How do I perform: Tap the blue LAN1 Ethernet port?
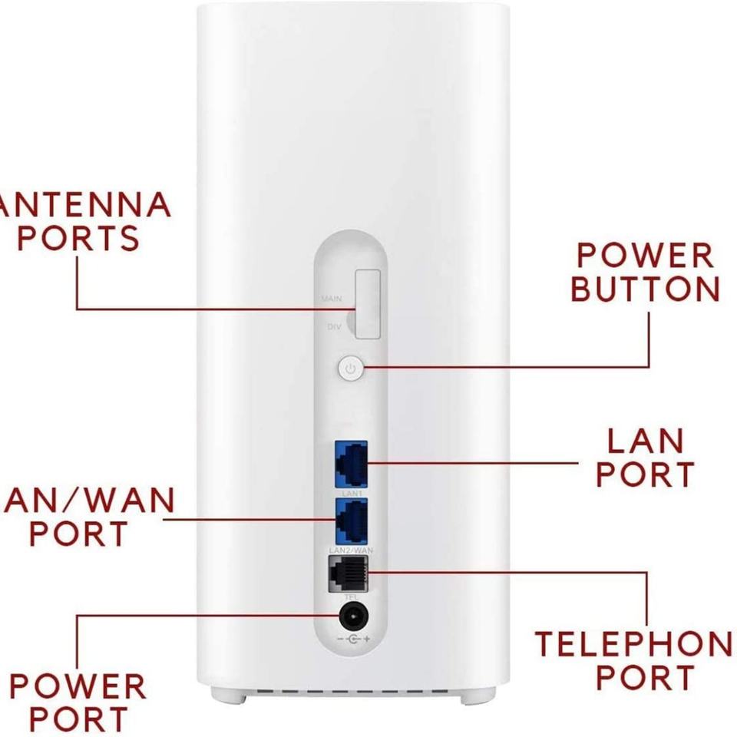tap(351, 462)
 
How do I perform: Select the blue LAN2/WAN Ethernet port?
tap(351, 519)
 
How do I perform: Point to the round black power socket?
tap(352, 616)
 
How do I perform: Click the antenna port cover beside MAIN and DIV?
tap(367, 304)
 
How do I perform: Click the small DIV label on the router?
tap(334, 327)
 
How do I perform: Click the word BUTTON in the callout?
tap(646, 289)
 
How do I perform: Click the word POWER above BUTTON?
tap(646, 256)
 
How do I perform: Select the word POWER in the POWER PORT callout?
tap(77, 686)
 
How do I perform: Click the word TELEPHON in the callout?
tap(633, 645)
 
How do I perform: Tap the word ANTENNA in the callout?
tap(84, 205)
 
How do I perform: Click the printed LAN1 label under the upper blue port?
tap(351, 492)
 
